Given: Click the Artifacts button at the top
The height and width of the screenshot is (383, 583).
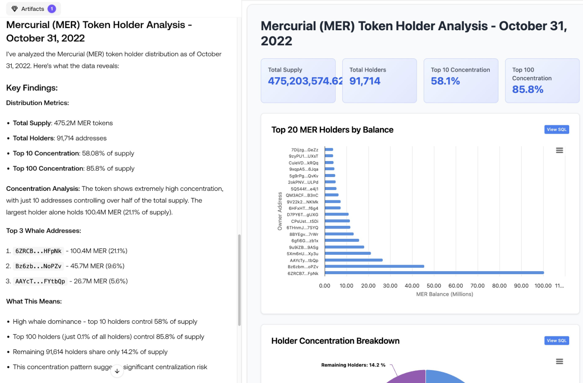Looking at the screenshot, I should tap(33, 9).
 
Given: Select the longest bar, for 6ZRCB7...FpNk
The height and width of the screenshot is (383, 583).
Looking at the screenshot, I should tap(434, 273).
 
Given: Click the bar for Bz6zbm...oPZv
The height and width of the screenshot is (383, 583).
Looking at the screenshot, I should tap(374, 266).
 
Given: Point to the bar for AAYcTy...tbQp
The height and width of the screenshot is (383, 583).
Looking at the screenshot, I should tap(353, 260).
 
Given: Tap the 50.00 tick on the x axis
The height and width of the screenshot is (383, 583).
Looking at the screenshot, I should tap(434, 285).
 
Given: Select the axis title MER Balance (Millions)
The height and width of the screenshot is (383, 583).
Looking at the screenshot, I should tap(444, 294).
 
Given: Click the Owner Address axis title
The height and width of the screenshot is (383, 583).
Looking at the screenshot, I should tap(280, 211).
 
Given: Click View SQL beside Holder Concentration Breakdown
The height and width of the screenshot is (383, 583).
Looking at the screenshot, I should tap(557, 341).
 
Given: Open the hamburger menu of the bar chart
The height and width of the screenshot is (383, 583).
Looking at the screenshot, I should tap(559, 150).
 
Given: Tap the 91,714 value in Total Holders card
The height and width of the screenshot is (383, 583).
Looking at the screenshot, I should tap(365, 81).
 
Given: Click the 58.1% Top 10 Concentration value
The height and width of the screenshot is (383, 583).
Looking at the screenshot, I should tap(445, 81).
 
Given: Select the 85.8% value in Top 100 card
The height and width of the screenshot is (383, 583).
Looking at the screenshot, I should tap(528, 89).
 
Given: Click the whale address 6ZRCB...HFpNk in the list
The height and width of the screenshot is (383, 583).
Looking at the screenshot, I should tap(38, 251).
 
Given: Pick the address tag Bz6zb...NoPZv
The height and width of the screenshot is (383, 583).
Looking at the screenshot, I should tap(38, 266).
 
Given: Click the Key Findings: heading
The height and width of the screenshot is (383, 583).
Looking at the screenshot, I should tap(32, 88).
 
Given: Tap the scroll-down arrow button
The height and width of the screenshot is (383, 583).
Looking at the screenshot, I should tap(117, 371).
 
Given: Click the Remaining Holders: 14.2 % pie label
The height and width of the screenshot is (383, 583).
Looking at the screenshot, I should tap(353, 365).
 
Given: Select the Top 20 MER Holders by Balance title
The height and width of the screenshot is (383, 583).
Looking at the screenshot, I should tap(332, 130).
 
